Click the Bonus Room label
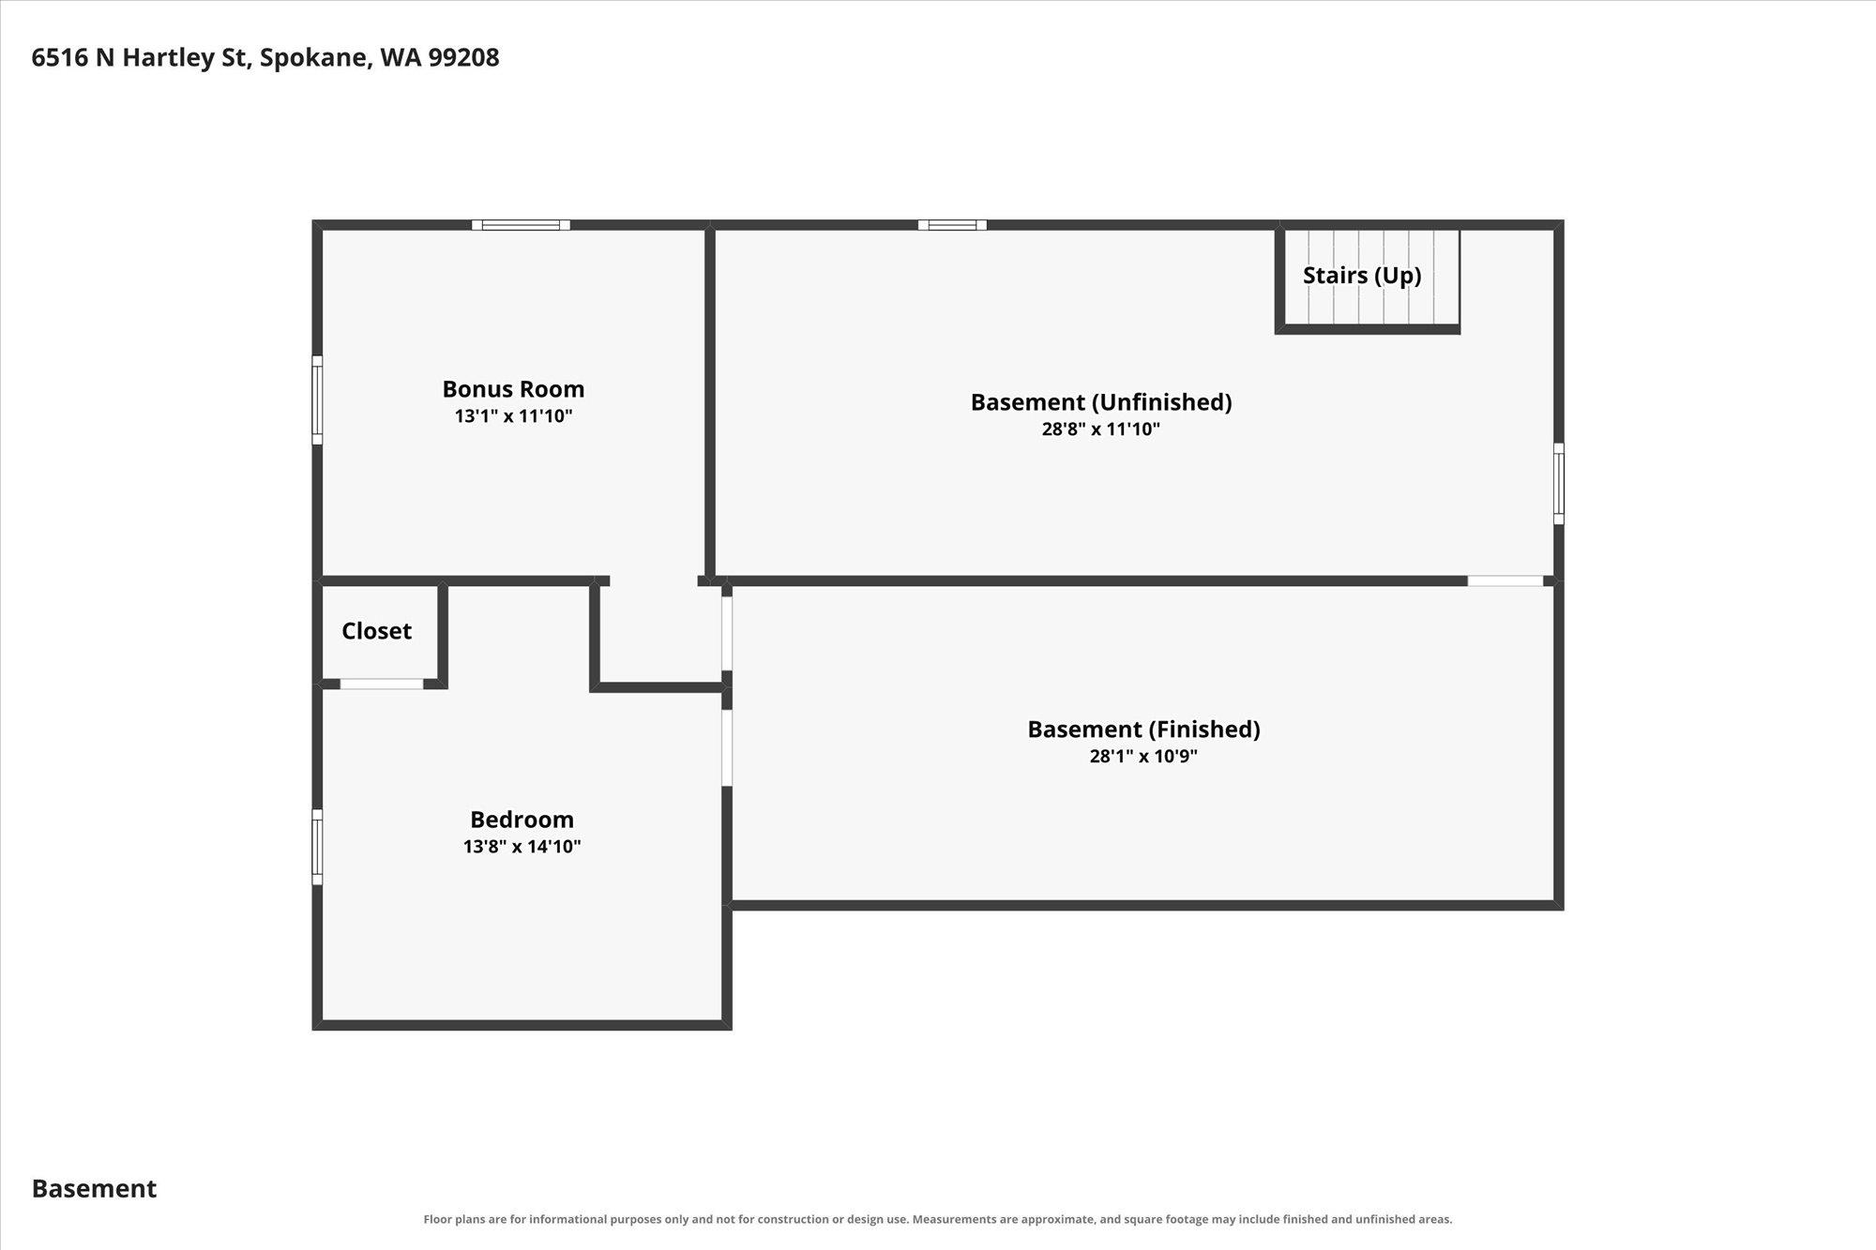click(x=513, y=389)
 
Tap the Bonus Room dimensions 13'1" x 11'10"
click(x=513, y=416)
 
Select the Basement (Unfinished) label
click(x=1101, y=402)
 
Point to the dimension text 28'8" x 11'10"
click(x=1101, y=429)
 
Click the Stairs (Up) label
click(x=1362, y=276)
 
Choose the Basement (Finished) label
click(x=1143, y=730)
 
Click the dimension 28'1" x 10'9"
click(x=1143, y=757)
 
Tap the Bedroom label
click(x=522, y=820)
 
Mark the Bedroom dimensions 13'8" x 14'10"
click(x=522, y=847)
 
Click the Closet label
click(x=376, y=631)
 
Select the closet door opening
click(x=381, y=684)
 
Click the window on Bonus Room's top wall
click(x=521, y=225)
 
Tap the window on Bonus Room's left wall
click(x=317, y=400)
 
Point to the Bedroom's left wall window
click(x=317, y=847)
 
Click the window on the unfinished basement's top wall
click(x=952, y=225)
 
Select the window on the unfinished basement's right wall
click(x=1559, y=484)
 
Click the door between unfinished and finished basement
click(x=1505, y=581)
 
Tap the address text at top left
click(x=265, y=57)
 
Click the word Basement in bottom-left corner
click(x=94, y=1188)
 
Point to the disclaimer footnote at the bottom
click(x=938, y=1219)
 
